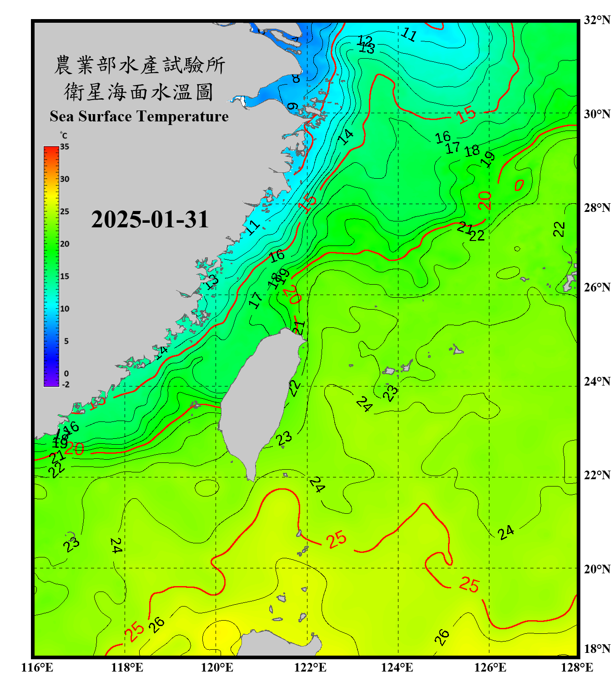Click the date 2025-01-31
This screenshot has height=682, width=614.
coord(150,220)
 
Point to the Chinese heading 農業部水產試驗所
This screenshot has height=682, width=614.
coord(140,65)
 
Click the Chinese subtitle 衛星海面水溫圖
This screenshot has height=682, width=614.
coord(139,92)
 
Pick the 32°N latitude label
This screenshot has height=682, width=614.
coord(597,20)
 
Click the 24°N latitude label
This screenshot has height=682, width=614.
coord(597,381)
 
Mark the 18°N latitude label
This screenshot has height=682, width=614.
coord(597,649)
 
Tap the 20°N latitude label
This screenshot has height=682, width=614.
coord(597,569)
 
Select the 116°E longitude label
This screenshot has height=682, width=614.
coord(37,667)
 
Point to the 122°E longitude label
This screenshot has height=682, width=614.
coord(310,667)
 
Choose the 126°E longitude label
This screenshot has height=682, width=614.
coord(490,667)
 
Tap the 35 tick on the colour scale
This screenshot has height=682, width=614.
coord(65,147)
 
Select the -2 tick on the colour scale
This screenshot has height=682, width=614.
coord(65,385)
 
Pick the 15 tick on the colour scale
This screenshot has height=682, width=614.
coord(65,276)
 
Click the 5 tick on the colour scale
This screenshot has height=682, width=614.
coord(66,341)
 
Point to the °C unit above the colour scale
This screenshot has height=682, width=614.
coord(64,135)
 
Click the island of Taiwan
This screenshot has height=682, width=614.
coord(262,396)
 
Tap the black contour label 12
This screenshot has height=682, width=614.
coord(365,40)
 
